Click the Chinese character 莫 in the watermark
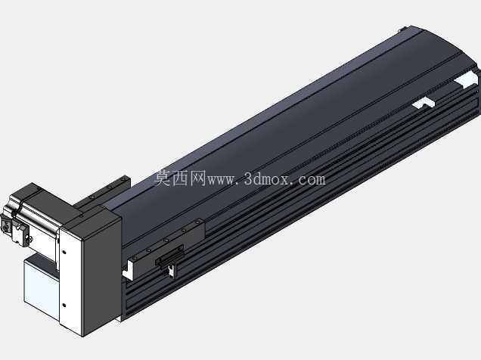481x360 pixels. point(163,178)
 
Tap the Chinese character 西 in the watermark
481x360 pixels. point(180,178)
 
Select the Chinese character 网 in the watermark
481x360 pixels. point(197,178)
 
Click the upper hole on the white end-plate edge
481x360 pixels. point(64,253)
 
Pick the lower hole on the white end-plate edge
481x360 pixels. point(64,305)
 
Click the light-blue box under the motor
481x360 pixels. point(41,284)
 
